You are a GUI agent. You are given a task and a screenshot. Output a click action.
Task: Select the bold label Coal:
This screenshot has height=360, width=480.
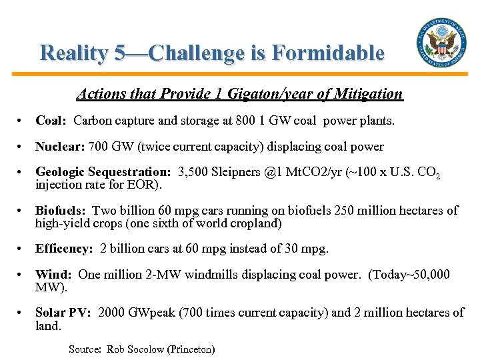coord(51,121)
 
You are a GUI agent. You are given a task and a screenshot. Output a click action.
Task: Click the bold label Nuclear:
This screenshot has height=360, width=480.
coord(58,147)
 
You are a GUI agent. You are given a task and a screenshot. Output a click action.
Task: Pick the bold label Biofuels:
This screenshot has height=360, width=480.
coord(61,211)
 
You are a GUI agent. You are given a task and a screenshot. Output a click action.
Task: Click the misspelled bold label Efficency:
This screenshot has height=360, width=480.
coord(64,249)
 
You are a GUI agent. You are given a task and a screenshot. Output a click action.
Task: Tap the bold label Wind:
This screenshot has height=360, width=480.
coord(53,275)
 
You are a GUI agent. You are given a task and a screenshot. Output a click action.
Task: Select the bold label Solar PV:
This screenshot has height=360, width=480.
coord(63,313)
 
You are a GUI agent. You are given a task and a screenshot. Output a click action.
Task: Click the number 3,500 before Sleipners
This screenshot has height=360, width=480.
coord(195,173)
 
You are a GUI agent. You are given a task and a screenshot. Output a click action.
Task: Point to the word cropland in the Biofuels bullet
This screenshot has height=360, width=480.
coord(258,223)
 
